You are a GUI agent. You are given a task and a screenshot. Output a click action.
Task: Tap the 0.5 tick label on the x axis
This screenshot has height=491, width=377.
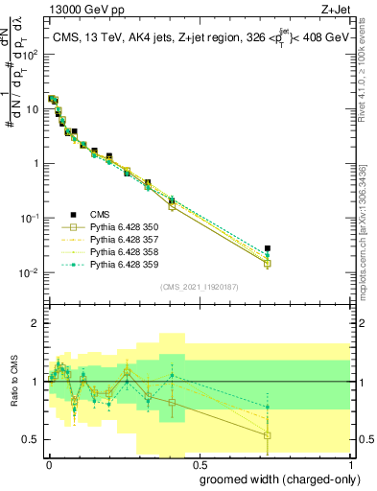(198, 462)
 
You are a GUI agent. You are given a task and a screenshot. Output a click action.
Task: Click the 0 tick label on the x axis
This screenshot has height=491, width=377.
(49, 462)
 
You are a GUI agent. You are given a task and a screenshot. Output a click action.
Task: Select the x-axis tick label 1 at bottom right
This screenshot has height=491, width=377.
(351, 462)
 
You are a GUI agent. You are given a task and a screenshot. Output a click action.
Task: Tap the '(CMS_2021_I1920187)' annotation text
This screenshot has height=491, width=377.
(199, 286)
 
